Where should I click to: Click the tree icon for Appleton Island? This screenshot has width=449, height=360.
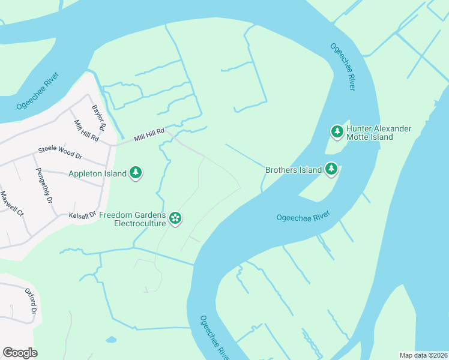[x=136, y=173]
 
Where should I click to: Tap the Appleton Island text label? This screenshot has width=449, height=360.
[x=97, y=174]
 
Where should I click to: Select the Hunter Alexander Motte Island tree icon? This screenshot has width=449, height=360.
[x=337, y=131]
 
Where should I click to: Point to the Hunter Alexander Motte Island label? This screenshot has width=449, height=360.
[x=379, y=133]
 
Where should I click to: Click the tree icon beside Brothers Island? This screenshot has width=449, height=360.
[x=331, y=170]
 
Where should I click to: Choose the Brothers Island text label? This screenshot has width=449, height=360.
[x=294, y=170]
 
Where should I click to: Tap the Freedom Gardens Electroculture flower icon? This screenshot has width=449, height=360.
[x=175, y=217]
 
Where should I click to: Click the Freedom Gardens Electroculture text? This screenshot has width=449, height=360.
[x=132, y=219]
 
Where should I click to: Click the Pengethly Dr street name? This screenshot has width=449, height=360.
[x=44, y=185]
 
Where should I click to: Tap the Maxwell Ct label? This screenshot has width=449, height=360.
[x=12, y=204]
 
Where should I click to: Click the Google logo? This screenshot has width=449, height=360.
[x=20, y=353]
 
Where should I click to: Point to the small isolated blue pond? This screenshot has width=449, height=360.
[x=111, y=340]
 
